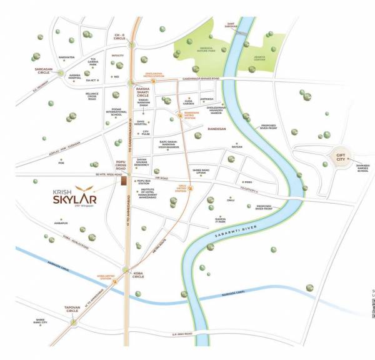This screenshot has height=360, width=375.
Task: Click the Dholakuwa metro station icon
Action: click(167, 82)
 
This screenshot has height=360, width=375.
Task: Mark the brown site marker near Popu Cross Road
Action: click(125, 180)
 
